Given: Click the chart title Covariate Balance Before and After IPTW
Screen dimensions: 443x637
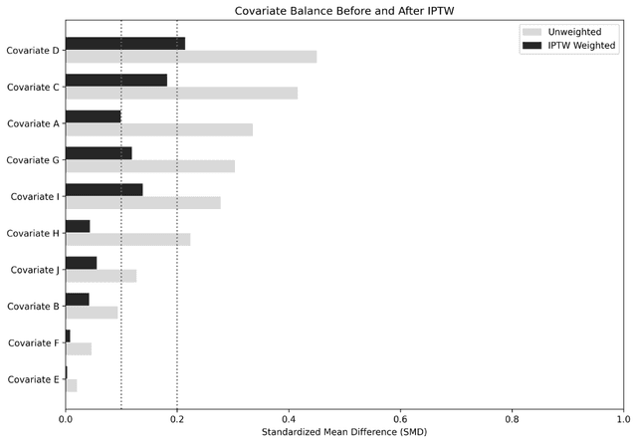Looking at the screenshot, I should click(344, 11).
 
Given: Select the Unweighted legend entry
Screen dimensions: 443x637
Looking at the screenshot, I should click(572, 32).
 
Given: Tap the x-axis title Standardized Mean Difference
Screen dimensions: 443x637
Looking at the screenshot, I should click(344, 433).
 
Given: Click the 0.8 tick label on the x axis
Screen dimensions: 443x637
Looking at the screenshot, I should click(513, 418).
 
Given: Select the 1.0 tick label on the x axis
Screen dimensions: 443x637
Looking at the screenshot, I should click(623, 418).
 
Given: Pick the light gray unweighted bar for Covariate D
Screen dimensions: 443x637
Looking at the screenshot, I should click(191, 57).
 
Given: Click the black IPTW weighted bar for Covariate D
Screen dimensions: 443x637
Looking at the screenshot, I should click(125, 44).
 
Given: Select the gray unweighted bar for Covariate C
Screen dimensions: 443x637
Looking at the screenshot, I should click(181, 94).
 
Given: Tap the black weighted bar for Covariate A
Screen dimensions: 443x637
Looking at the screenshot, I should click(94, 116).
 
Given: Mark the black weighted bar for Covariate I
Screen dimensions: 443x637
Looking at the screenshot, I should click(104, 189).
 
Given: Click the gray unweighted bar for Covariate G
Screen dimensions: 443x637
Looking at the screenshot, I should click(150, 166).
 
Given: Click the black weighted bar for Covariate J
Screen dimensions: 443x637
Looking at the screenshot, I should click(82, 263).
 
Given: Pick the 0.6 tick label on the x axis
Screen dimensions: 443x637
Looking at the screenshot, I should click(401, 418).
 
